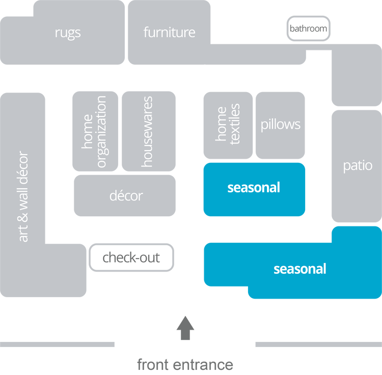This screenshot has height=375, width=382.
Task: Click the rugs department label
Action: (68, 33)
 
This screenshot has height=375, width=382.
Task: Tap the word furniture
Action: (169, 33)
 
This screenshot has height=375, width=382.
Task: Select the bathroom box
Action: (308, 28)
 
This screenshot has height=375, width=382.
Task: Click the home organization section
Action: (95, 131)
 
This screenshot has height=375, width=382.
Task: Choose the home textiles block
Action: (228, 125)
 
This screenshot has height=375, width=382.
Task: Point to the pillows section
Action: (281, 125)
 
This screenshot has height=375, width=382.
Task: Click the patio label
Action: (357, 166)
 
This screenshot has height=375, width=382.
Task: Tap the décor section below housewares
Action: (125, 195)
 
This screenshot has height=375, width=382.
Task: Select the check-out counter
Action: (131, 257)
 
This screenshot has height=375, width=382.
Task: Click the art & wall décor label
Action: (23, 196)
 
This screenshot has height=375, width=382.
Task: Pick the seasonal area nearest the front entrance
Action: (299, 269)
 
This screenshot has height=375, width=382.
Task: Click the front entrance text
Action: (185, 364)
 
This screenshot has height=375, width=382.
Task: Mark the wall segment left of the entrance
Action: (58, 344)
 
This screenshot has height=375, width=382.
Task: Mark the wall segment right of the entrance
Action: (318, 344)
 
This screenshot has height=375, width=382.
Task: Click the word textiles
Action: (234, 125)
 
